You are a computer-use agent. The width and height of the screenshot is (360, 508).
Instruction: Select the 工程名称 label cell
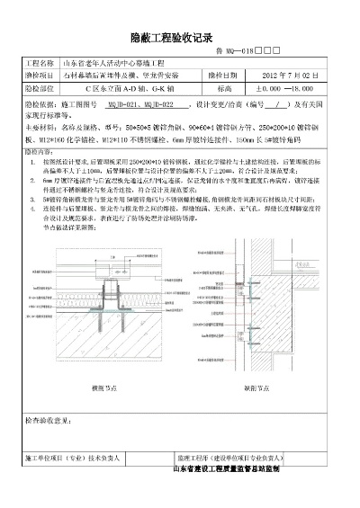41,65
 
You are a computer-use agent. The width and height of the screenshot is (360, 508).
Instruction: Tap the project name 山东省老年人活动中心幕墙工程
112,65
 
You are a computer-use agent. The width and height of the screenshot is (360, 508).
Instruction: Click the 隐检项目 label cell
41,77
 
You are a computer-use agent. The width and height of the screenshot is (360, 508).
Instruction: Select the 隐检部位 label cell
41,90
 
